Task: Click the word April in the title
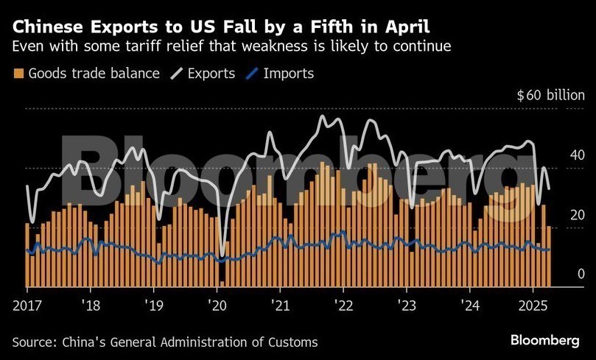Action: point(406,27)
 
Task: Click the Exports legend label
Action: point(211,73)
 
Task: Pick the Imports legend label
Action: point(288,73)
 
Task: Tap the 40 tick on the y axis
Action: point(556,155)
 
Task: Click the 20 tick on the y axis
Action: point(556,215)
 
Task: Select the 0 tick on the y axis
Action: point(560,275)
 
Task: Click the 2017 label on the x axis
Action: point(27,304)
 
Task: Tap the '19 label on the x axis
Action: point(153,304)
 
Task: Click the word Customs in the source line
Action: point(295,342)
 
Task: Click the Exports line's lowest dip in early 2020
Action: point(222,255)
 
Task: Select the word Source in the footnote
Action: point(33,342)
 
